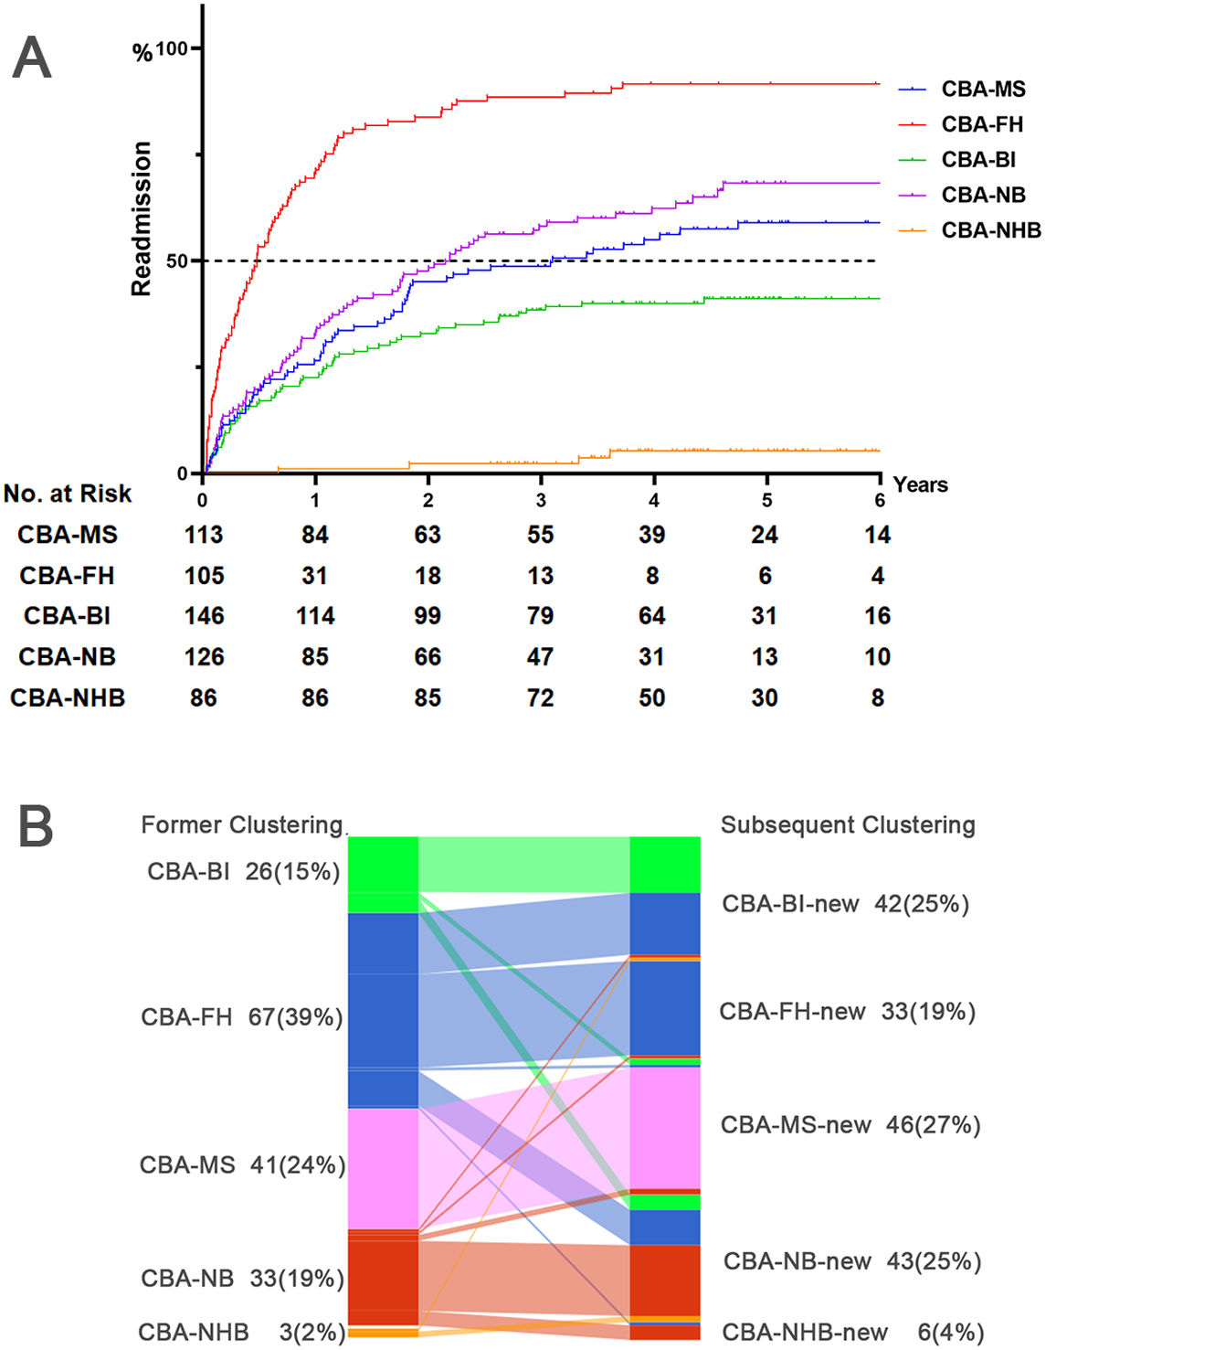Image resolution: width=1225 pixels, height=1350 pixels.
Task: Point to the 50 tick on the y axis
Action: [x=177, y=260]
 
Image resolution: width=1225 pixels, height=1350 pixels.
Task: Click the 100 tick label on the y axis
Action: [x=171, y=48]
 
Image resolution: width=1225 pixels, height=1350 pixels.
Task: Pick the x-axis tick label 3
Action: [x=541, y=500]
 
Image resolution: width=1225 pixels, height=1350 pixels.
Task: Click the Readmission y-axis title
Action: [x=141, y=218]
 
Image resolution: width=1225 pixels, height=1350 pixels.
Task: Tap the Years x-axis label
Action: [x=920, y=484]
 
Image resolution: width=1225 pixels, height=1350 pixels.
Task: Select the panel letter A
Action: [x=32, y=58]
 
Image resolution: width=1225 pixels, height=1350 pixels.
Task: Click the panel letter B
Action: [x=36, y=826]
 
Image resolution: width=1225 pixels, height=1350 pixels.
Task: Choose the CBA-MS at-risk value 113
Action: [x=204, y=535]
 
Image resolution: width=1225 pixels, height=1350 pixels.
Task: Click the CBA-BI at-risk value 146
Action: [x=204, y=616]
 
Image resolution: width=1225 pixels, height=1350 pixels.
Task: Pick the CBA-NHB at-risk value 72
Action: [x=540, y=698]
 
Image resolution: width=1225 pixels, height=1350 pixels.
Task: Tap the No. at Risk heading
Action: [x=68, y=494]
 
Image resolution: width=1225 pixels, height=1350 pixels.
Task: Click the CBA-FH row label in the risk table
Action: [x=67, y=576]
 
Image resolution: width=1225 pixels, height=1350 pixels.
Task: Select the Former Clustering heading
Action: [x=241, y=825]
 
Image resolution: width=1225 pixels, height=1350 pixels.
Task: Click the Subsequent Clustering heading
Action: [x=848, y=825]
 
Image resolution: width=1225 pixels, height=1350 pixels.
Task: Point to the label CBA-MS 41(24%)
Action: [x=242, y=1165]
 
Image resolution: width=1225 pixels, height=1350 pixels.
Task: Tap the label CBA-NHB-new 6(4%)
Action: [x=852, y=1333]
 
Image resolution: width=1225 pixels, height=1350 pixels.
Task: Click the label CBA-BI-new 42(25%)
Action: [x=845, y=904]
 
